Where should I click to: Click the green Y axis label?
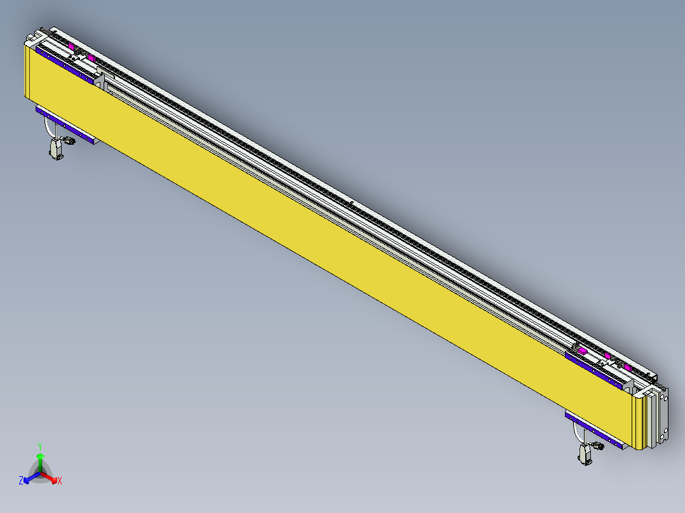tap(39, 446)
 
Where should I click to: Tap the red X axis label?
tap(60, 481)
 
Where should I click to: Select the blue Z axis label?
tap(21, 481)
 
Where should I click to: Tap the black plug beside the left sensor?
tap(68, 142)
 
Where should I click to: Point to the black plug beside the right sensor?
tap(597, 447)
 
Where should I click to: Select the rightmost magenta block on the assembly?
tap(628, 368)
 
